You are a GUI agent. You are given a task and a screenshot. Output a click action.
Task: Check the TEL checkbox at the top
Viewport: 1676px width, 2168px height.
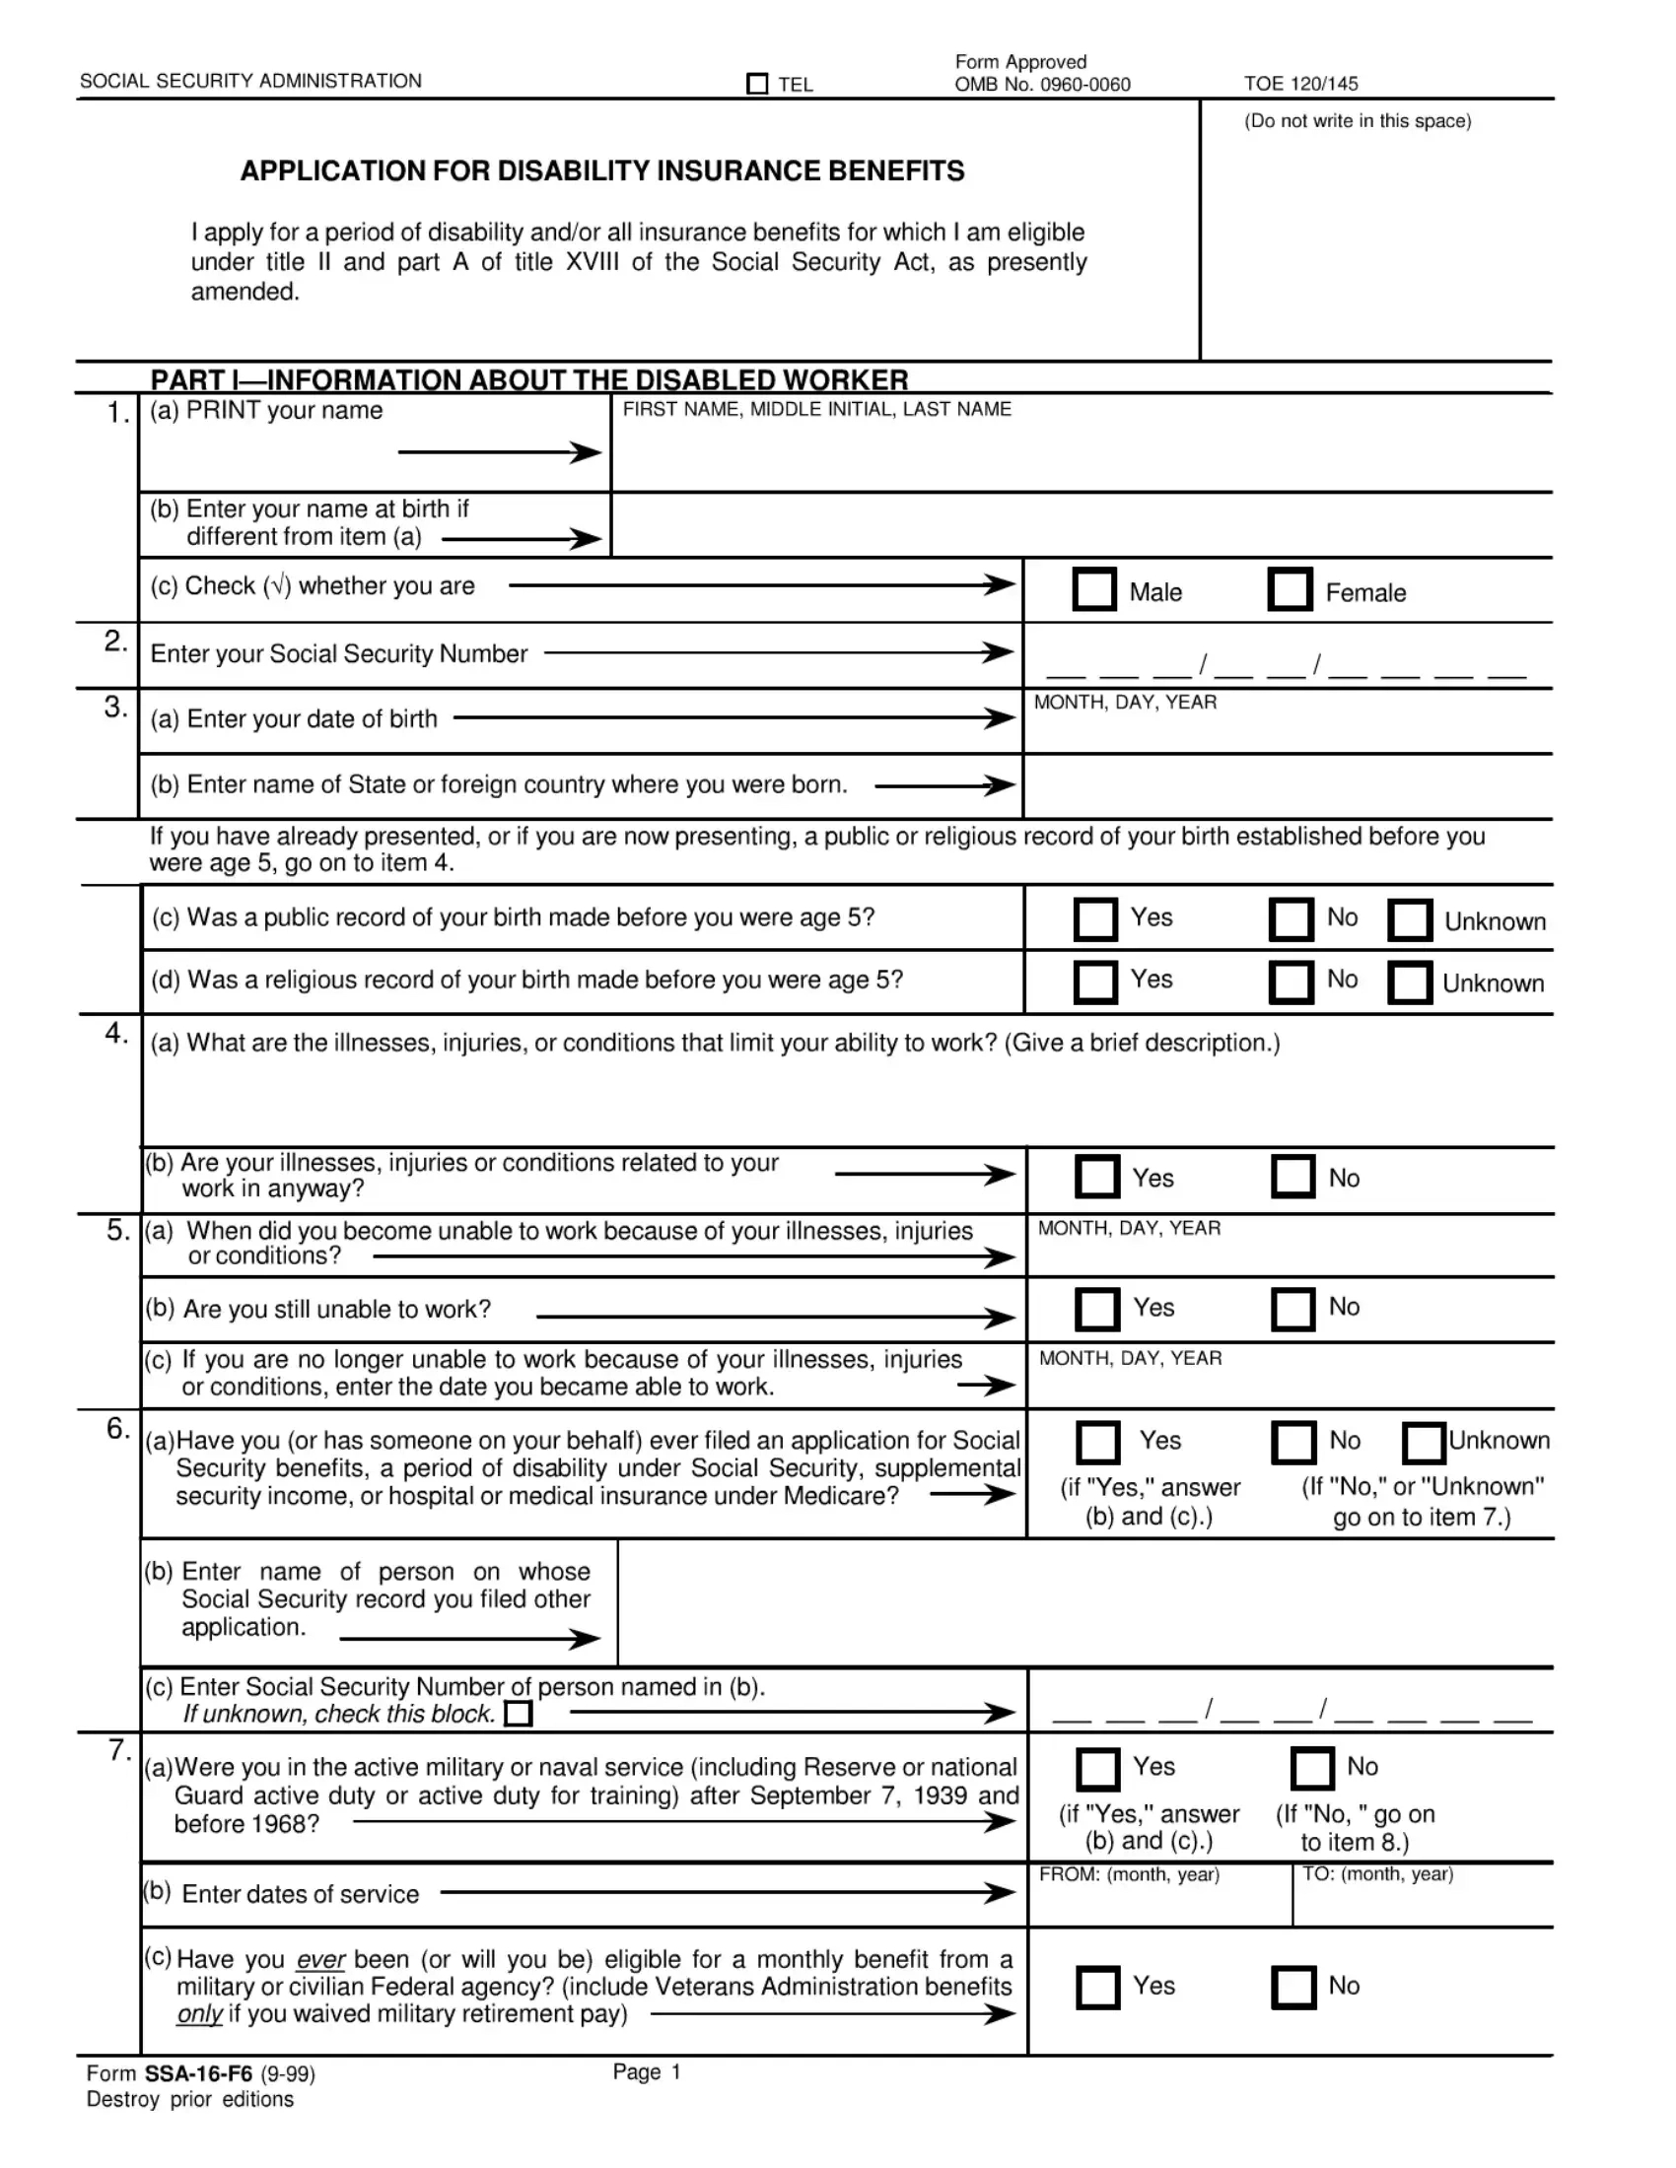tap(756, 85)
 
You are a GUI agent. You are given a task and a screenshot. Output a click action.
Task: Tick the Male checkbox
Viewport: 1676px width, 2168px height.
tap(1094, 589)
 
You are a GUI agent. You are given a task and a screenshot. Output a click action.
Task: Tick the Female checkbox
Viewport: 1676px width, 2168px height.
tap(1290, 589)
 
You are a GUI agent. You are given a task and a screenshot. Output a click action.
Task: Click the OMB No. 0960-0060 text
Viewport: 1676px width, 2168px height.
tap(1041, 85)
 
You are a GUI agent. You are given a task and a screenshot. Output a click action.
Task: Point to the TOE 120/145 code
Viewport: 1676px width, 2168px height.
tap(1300, 85)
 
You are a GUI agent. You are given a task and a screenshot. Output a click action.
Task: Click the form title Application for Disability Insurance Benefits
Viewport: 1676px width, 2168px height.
tap(601, 170)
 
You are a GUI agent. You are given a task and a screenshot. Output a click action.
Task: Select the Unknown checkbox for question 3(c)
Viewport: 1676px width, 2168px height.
tap(1409, 920)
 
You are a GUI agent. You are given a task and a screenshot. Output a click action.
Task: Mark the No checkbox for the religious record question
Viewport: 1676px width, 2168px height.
tap(1291, 982)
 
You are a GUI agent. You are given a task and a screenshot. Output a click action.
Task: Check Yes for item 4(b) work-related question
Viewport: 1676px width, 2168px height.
tap(1097, 1177)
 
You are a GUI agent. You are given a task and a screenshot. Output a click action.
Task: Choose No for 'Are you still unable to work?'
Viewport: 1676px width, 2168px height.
tap(1292, 1309)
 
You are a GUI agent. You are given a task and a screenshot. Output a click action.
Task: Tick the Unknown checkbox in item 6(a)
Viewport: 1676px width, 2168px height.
tap(1423, 1444)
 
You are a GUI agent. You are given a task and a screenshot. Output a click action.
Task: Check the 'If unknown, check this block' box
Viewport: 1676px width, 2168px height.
tap(519, 1715)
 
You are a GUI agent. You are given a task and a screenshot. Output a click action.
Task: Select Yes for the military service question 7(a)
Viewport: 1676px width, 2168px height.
tap(1097, 1769)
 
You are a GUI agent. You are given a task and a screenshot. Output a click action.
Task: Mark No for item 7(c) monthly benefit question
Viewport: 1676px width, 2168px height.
tap(1292, 1988)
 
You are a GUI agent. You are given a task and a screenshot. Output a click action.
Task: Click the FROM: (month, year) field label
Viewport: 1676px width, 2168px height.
tap(1129, 1874)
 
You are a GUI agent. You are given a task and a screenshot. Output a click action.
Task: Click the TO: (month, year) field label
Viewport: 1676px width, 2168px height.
tap(1377, 1874)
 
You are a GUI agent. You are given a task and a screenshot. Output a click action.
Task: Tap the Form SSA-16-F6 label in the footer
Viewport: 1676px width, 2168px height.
tap(199, 2073)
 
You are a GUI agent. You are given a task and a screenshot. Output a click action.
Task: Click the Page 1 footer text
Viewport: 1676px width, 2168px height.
tap(647, 2071)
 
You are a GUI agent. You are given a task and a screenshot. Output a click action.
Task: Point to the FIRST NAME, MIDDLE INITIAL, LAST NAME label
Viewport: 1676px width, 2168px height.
tap(816, 409)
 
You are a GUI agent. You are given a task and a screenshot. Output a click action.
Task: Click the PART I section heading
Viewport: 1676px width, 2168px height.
tap(528, 380)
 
